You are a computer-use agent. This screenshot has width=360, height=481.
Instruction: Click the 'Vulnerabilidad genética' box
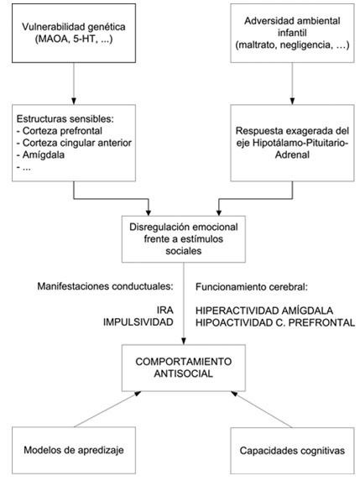pos(74,33)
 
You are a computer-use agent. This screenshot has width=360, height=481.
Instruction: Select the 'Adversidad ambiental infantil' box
pos(292,33)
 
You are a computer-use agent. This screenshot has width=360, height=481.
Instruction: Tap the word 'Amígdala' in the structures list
pos(44,155)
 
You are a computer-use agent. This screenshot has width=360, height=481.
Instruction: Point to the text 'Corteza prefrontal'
pos(62,131)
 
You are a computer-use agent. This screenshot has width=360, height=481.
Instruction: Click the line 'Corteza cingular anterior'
pos(77,143)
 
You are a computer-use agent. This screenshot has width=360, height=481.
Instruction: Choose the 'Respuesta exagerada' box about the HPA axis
pos(292,143)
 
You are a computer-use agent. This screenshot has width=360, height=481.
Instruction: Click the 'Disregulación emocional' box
pos(184,239)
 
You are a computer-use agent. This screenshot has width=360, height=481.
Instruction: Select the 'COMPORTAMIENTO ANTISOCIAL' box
pos(184,368)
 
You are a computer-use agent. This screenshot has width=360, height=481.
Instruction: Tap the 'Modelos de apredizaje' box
pos(74,450)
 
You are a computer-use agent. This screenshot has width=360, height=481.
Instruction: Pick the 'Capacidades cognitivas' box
pos(292,450)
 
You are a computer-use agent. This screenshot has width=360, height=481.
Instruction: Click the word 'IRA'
pos(165,311)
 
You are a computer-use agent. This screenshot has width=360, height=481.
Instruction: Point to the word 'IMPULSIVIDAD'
pos(138,322)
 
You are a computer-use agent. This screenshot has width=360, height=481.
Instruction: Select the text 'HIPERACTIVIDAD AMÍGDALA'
pos(264,311)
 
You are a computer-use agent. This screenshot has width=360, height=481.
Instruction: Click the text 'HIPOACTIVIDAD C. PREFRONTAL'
pos(275,322)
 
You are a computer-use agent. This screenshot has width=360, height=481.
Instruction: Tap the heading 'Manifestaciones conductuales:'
pos(105,286)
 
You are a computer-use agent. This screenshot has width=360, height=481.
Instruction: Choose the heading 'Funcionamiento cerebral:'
pos(252,287)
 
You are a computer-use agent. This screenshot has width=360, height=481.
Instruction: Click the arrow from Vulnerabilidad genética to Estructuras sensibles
pos(74,84)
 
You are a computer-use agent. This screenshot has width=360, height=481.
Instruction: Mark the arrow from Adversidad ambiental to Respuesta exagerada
pos(292,84)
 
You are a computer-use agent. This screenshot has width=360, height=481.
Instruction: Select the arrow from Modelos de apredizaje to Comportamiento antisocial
pos(107,409)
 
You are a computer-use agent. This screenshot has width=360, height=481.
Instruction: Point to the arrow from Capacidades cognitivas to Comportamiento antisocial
pos(262,409)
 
